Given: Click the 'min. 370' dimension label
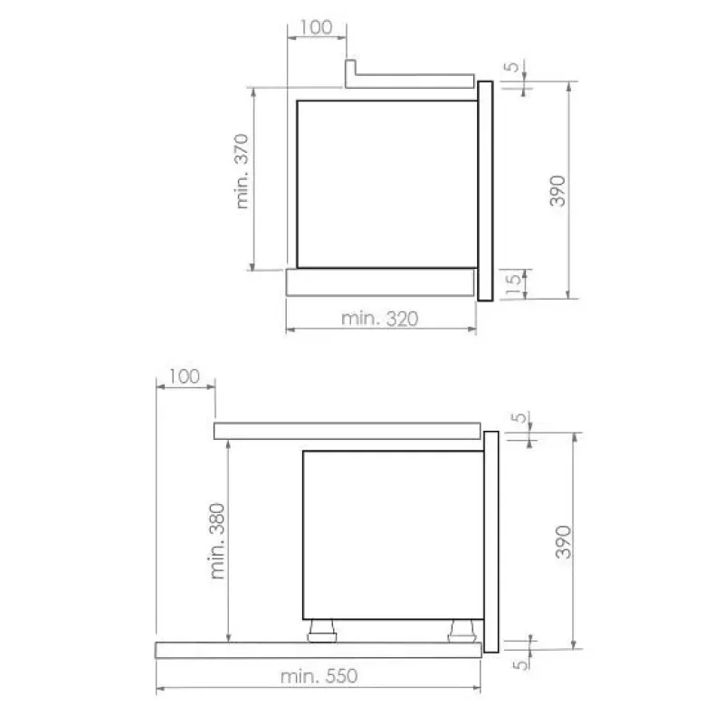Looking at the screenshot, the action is click(242, 171).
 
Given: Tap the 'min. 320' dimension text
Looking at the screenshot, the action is click(379, 319).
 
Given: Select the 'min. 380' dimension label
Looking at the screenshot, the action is click(217, 541).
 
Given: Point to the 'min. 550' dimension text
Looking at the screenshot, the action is click(319, 676).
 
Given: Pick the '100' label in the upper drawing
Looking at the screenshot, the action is click(316, 27).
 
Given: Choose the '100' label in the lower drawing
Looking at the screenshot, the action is click(185, 376).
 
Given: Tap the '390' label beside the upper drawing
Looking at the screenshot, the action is click(557, 191).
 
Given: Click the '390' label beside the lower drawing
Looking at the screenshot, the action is click(563, 541).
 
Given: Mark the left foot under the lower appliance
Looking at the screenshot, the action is click(322, 631).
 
